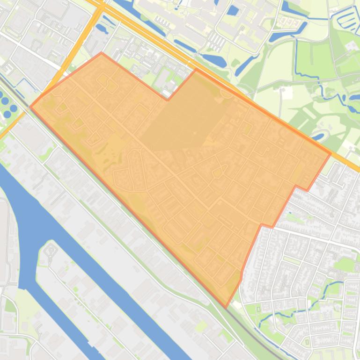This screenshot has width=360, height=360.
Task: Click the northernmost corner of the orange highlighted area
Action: [x=102, y=53]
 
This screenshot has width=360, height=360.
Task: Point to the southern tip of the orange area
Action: [x=226, y=308]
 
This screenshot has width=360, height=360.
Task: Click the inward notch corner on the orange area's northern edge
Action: [x=168, y=100]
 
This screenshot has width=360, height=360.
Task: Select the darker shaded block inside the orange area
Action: [x=183, y=117]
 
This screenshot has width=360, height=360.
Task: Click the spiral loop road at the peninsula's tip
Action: [x=51, y=251]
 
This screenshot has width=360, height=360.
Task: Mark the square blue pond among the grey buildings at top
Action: [x=233, y=10]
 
